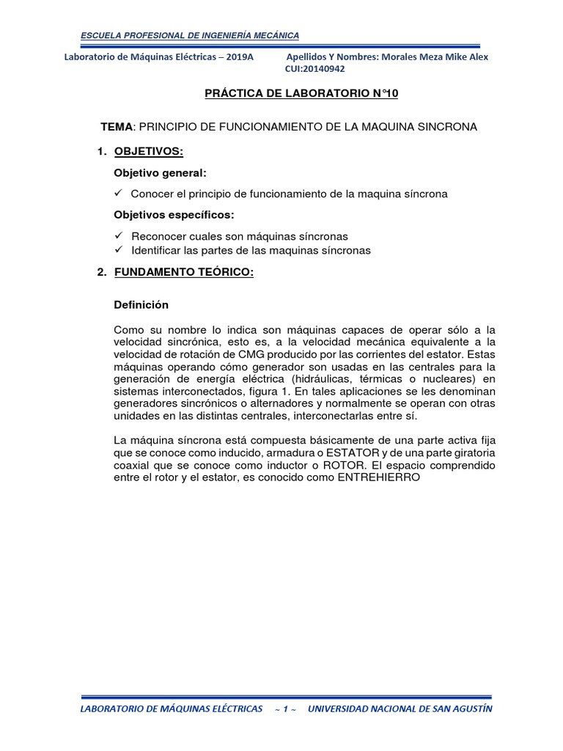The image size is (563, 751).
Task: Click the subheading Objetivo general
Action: tap(160, 173)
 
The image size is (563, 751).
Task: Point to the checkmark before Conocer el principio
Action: tap(119, 194)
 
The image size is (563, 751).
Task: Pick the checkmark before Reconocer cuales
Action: tap(119, 236)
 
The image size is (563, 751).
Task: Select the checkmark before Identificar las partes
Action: tap(119, 250)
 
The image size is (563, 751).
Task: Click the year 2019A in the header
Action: tap(237, 57)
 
